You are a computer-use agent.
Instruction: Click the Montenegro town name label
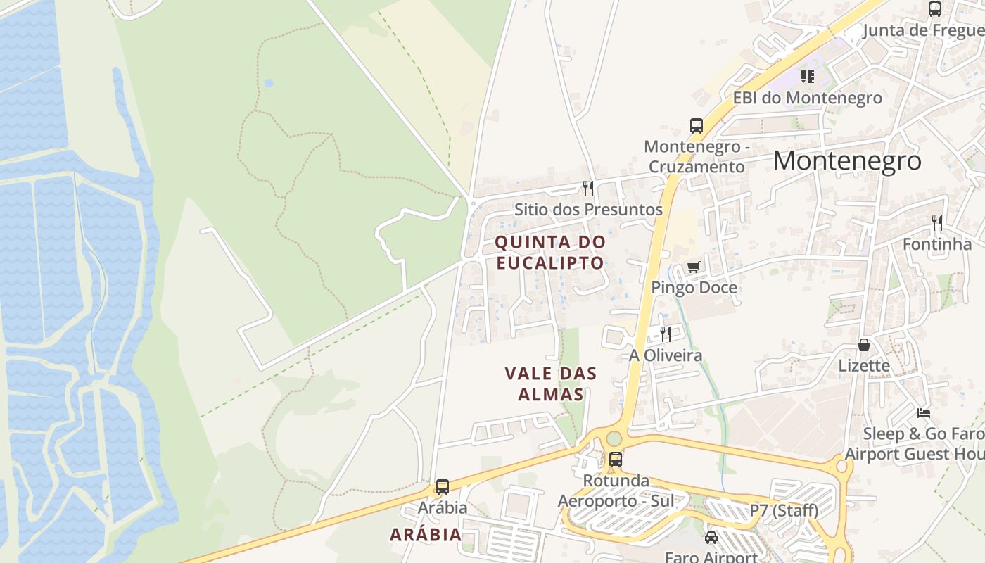(846, 161)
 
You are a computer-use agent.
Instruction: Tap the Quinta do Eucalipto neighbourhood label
(550, 252)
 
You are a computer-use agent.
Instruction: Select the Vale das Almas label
(551, 384)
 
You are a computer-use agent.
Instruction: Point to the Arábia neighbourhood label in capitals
(426, 534)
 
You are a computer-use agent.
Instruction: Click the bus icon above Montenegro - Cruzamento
(697, 126)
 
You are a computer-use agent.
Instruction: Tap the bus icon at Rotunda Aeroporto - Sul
(616, 460)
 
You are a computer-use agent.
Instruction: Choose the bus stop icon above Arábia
(443, 486)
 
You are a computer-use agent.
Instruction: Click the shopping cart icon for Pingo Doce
(694, 267)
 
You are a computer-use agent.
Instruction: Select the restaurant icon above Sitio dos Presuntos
(588, 188)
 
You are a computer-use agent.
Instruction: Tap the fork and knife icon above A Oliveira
(665, 334)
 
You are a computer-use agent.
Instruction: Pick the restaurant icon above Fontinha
(937, 223)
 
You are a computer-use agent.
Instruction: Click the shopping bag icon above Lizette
(864, 345)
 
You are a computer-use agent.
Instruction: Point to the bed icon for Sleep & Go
(924, 412)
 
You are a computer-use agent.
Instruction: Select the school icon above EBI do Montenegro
(808, 76)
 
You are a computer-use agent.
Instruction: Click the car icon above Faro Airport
(711, 538)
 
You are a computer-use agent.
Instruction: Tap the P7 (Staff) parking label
(784, 510)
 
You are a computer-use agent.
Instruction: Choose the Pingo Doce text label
(694, 287)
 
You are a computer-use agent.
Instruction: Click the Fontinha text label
(937, 244)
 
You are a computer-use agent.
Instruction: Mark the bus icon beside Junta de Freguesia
(935, 9)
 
